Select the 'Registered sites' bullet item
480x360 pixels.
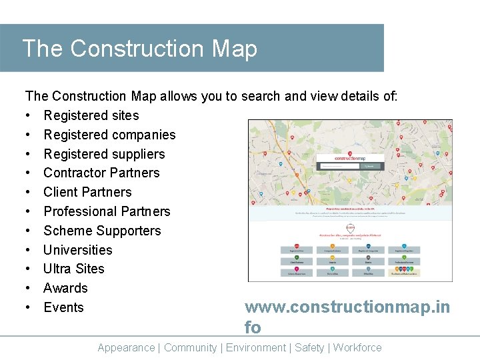coord(91,115)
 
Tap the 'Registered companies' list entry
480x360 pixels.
coord(109,135)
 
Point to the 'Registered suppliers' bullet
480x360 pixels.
coord(104,154)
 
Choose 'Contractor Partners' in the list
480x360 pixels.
coord(101,173)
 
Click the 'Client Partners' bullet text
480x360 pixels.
coord(87,192)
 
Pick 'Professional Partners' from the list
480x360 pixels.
coord(107,211)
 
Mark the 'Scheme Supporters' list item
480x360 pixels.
coord(102,231)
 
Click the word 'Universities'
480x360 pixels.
coord(77,250)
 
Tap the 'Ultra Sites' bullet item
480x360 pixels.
coord(73,269)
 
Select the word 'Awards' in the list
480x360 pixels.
coord(65,288)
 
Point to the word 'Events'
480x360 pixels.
coord(63,307)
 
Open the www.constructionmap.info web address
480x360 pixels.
coord(347,307)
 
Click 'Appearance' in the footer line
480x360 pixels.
coord(126,347)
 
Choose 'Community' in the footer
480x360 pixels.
coord(190,347)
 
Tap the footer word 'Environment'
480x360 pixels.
coord(256,347)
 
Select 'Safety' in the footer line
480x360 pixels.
coord(309,347)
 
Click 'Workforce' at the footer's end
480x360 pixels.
coord(357,347)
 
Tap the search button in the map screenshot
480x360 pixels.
coord(371,166)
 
